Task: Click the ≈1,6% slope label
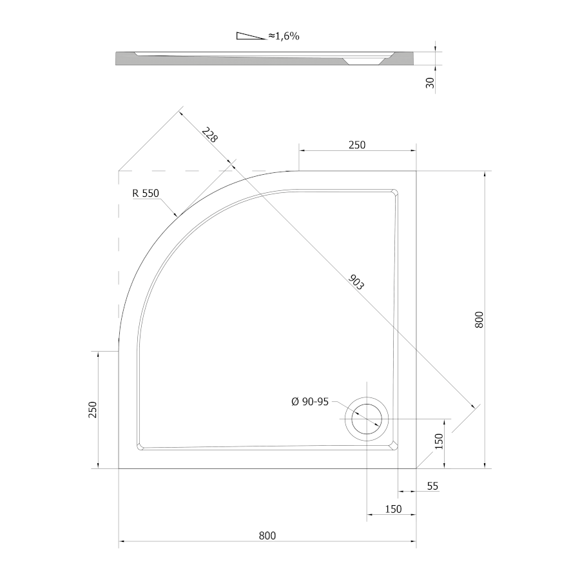(284, 36)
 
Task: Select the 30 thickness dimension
(430, 83)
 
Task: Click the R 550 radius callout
(146, 193)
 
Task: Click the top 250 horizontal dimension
(357, 145)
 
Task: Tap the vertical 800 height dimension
(479, 319)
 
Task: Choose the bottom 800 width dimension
(267, 536)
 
